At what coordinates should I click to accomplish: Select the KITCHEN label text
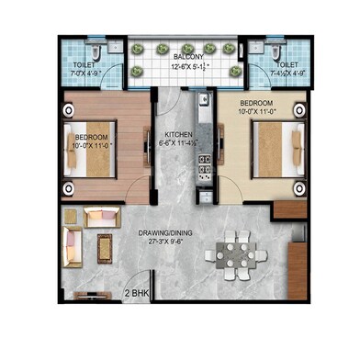point(178,134)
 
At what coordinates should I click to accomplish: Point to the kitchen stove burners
point(206,166)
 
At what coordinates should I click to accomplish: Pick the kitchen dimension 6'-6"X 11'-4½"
point(178,143)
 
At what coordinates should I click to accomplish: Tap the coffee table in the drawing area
point(103,246)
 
